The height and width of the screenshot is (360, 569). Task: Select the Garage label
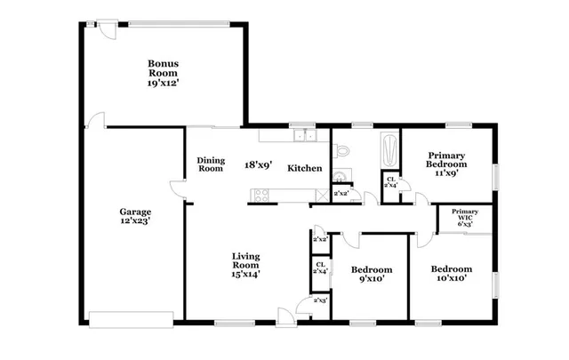[135, 212]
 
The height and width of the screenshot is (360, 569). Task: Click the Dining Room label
[210, 164]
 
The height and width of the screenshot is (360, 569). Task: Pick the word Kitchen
[304, 168]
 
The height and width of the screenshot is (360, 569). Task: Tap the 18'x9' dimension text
[258, 164]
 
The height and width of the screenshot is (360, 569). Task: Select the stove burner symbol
[261, 194]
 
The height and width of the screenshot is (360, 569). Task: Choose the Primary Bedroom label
[446, 159]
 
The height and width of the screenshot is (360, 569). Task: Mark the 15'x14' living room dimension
[244, 275]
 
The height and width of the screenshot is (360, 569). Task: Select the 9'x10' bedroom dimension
[369, 279]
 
